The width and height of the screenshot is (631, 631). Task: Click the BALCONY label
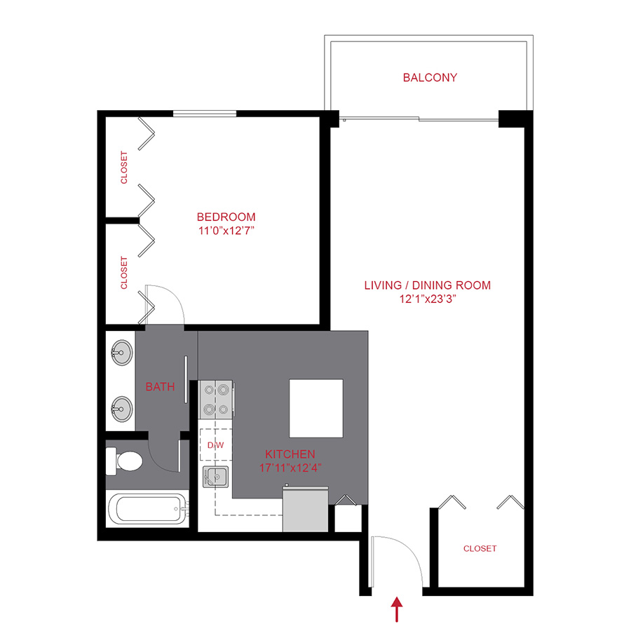coord(430,78)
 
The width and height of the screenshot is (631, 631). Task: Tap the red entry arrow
coord(398,609)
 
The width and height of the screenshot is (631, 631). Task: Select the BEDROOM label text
coord(226,217)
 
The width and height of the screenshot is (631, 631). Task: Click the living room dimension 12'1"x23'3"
coord(427,299)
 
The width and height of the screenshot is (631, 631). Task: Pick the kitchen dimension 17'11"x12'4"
coord(290,466)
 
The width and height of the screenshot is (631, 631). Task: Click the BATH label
coord(160,386)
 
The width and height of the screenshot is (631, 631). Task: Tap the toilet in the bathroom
coord(125,461)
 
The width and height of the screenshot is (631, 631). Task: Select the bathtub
coord(147,508)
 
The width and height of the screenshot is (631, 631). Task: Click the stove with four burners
coord(216,399)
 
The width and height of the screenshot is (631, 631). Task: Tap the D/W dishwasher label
coord(215,445)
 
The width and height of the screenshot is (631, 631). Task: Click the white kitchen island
coord(317,407)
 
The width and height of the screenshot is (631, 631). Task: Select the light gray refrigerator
coord(305,510)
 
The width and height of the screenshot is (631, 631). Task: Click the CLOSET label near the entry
coord(480,548)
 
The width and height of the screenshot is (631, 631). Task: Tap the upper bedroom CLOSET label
coord(125,168)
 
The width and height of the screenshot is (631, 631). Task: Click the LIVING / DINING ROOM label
coord(427,285)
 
